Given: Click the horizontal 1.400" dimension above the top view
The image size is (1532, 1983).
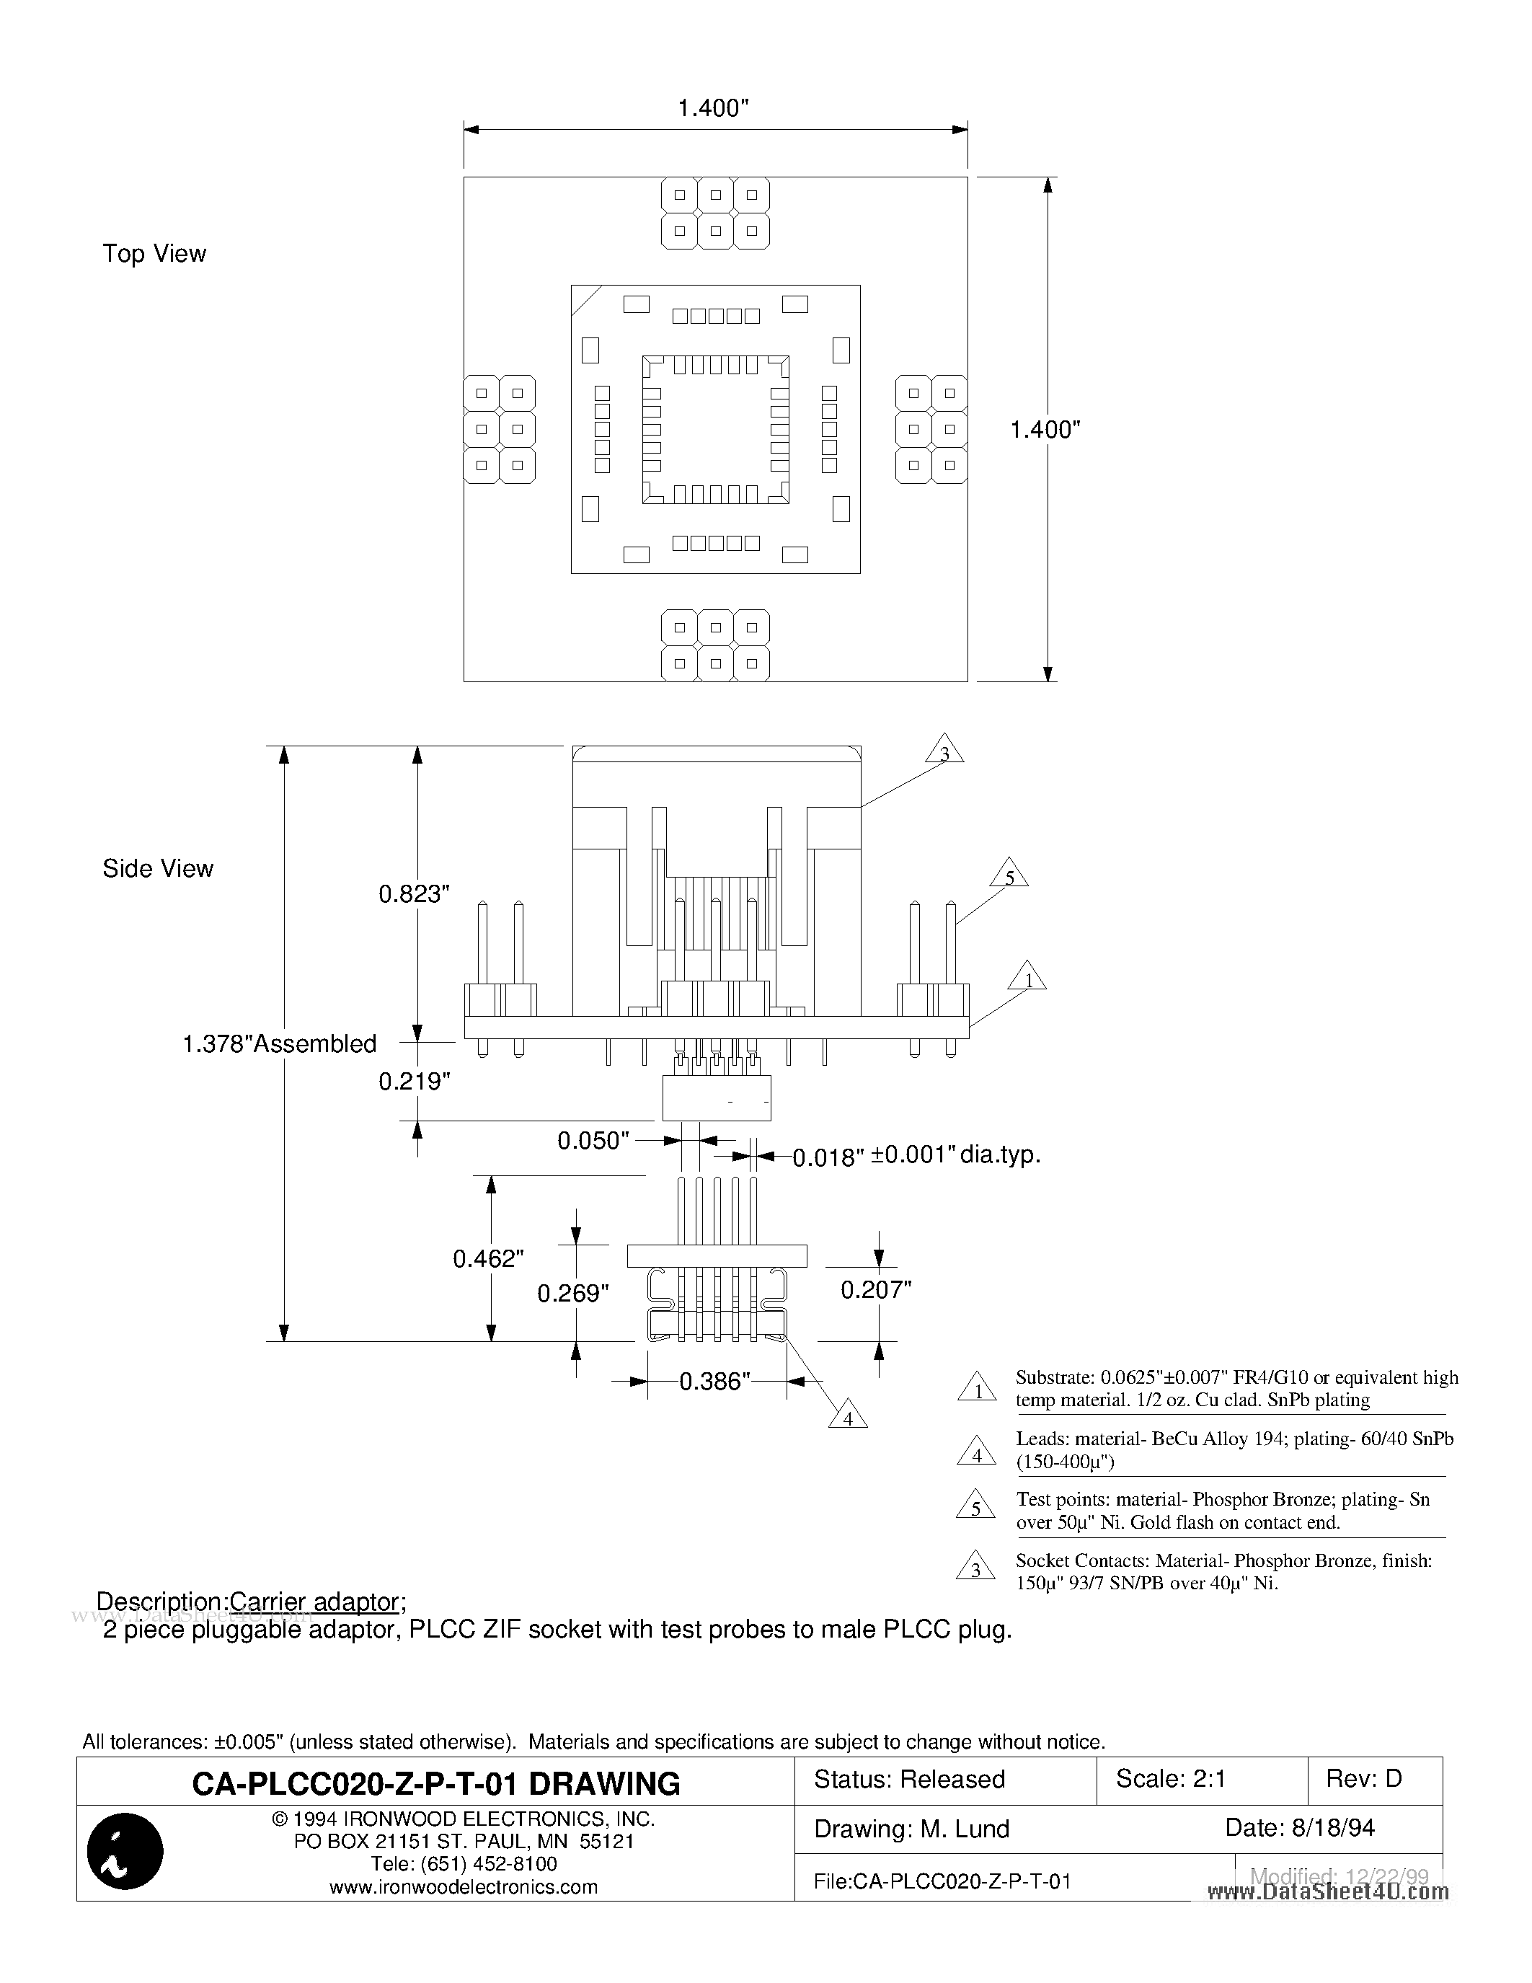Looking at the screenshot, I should coord(713,109).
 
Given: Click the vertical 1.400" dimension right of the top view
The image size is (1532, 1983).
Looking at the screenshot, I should coord(1045,430).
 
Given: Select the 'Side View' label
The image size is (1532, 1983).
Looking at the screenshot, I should coord(158,869).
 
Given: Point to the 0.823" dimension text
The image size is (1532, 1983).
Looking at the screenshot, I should coord(414,894).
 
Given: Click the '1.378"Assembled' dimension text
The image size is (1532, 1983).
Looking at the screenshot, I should coord(280,1044).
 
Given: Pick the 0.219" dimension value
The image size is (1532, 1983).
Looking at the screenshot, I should coord(414,1082).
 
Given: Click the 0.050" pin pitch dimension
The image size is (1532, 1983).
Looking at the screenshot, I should coord(593,1141).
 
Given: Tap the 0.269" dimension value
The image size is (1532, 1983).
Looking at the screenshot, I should coord(572,1293).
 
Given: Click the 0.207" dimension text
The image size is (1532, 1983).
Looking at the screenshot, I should coord(876,1289).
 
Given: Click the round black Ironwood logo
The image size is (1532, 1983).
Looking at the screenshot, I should coord(125,1850).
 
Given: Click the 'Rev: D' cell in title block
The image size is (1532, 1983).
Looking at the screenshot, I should coord(1363,1779).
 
